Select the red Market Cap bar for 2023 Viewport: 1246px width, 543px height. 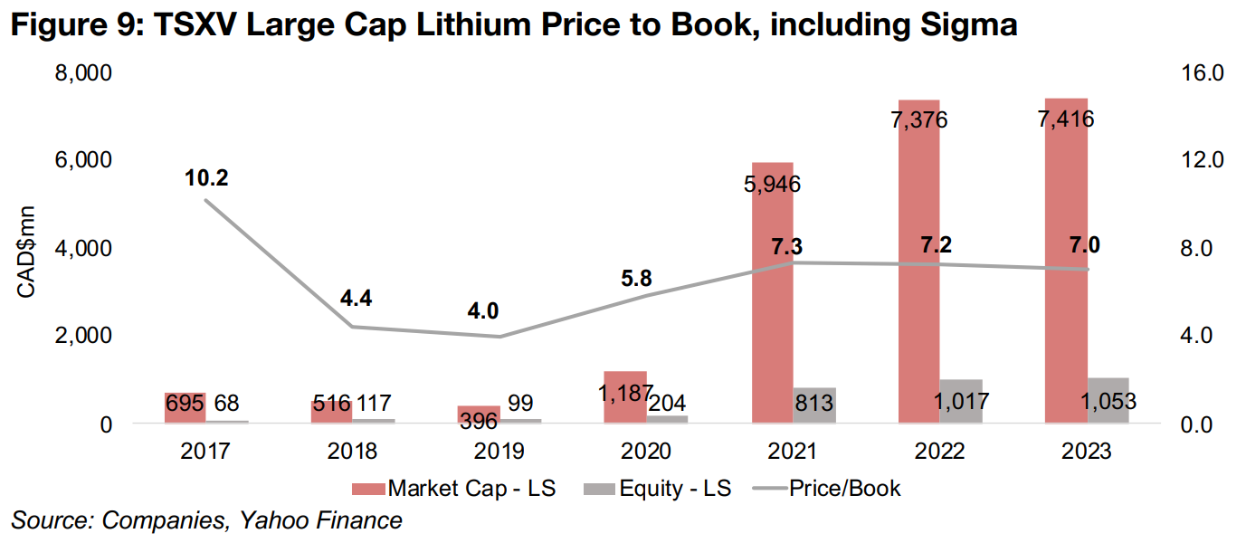point(1067,271)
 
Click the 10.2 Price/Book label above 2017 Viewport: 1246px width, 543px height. point(206,178)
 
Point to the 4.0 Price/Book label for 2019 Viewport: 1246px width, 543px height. point(483,310)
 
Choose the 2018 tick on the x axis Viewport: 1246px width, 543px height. point(352,451)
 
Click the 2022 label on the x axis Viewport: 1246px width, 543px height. point(940,451)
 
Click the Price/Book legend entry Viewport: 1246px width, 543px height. point(844,489)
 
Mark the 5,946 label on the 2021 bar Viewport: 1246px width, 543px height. point(771,186)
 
